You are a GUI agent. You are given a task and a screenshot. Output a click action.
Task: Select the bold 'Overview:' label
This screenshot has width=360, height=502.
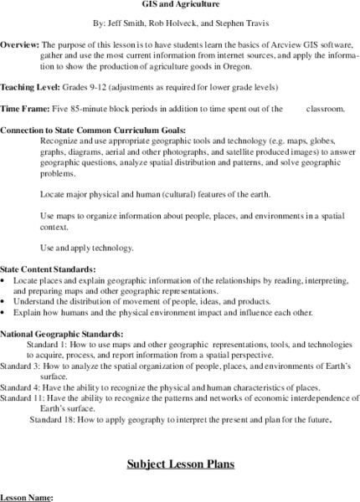(x=18, y=44)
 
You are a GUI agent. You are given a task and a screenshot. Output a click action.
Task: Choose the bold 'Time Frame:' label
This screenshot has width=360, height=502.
(x=26, y=109)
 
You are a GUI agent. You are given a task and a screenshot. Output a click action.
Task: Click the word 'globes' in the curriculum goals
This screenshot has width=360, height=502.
(x=328, y=141)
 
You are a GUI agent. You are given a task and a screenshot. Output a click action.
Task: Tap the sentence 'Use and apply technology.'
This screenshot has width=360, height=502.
(x=87, y=247)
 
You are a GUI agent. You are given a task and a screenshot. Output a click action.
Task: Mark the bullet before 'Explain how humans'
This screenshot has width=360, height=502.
(x=4, y=312)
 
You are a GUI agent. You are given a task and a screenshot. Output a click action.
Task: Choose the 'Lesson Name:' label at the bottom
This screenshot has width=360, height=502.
(x=27, y=497)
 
